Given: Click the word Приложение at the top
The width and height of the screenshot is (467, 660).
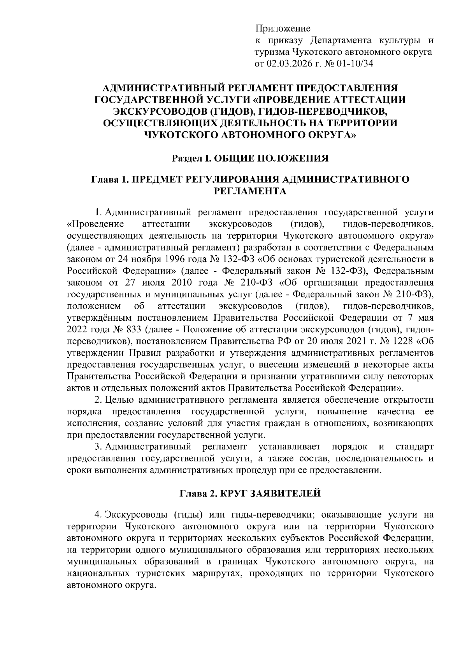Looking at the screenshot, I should click(283, 29).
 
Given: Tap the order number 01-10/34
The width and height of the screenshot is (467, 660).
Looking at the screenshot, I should click(355, 64).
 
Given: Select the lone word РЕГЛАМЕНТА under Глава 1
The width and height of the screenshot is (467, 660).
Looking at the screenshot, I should click(251, 191).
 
